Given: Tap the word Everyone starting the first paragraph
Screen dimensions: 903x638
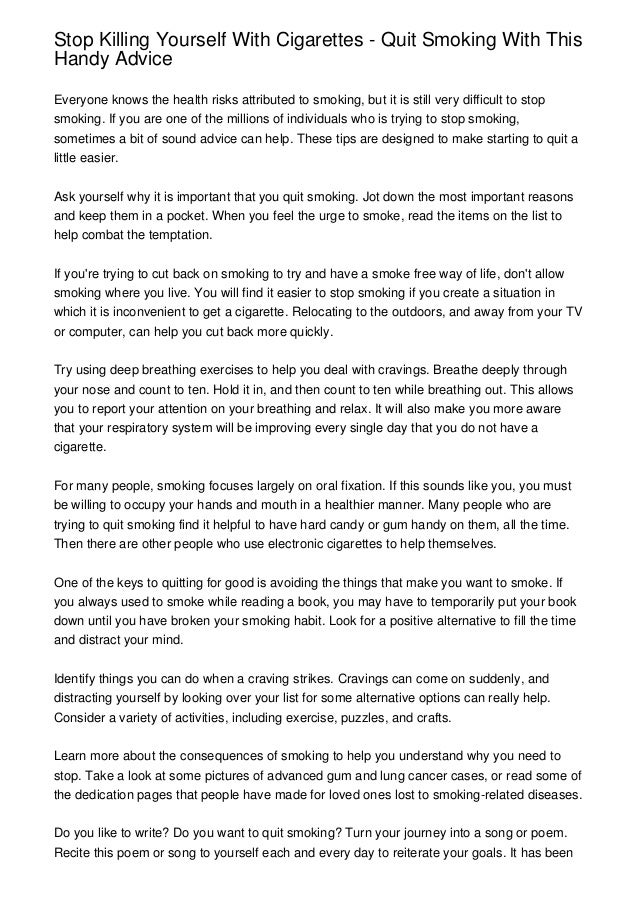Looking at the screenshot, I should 87,102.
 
